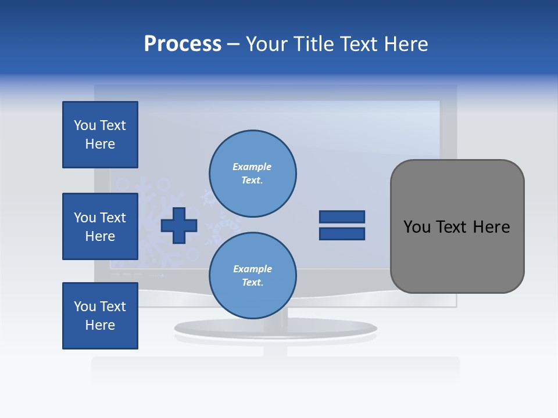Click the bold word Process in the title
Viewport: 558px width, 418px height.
pyautogui.click(x=183, y=44)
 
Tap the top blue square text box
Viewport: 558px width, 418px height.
pyautogui.click(x=100, y=135)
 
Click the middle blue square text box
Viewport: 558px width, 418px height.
pyautogui.click(x=100, y=226)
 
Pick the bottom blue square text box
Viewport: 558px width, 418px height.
pyautogui.click(x=100, y=316)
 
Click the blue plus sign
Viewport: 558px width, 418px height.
pyautogui.click(x=179, y=225)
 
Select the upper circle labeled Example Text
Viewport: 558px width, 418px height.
pyautogui.click(x=252, y=174)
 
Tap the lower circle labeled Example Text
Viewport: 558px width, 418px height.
pyautogui.click(x=252, y=276)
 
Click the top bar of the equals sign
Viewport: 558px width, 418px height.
pyautogui.click(x=342, y=217)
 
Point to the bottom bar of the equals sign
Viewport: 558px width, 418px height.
pyautogui.click(x=342, y=234)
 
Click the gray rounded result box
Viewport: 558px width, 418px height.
pyautogui.click(x=457, y=226)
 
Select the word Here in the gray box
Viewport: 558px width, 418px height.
pyautogui.click(x=491, y=227)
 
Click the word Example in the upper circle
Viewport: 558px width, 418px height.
pyautogui.click(x=252, y=167)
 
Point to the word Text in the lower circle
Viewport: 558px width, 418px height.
pyautogui.click(x=252, y=283)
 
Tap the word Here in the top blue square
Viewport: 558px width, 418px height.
pyautogui.click(x=100, y=144)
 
